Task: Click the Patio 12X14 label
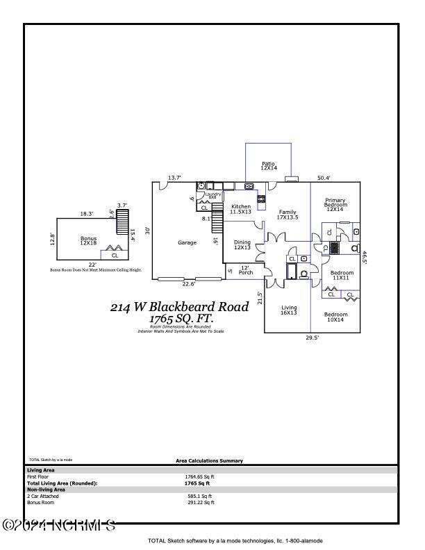click(269, 166)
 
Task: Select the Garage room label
click(187, 242)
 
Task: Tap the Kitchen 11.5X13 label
click(241, 209)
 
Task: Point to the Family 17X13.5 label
click(287, 215)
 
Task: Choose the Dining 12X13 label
click(242, 245)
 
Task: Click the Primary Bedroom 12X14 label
click(336, 205)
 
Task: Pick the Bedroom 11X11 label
click(342, 276)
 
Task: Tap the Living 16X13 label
click(289, 310)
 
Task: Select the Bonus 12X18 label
click(88, 241)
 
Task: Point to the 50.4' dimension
click(324, 178)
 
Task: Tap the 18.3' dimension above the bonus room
click(87, 214)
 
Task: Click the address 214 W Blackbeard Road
click(179, 307)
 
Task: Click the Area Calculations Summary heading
click(209, 461)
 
